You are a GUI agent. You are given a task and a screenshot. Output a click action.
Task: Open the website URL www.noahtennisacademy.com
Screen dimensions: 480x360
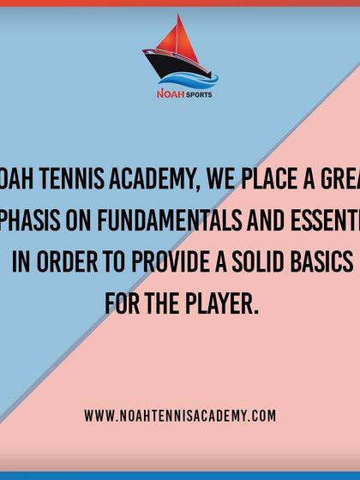pyautogui.click(x=180, y=415)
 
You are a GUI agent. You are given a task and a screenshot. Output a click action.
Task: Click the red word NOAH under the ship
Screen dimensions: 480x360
pyautogui.click(x=167, y=94)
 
